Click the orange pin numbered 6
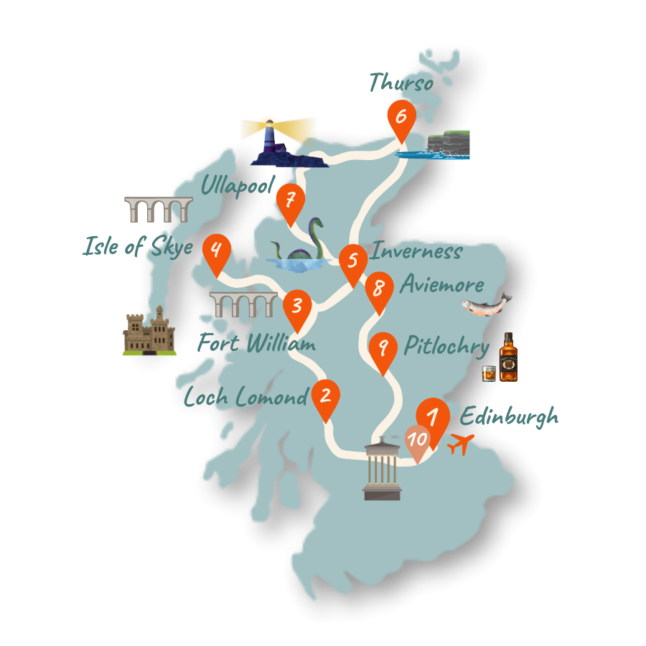tap(401, 118)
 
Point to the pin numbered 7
tap(291, 200)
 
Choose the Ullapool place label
tap(238, 186)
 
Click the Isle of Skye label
tap(138, 248)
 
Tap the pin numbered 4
tap(216, 252)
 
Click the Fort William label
tap(256, 344)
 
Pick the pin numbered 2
tap(326, 397)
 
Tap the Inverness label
tap(416, 252)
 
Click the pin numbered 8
tap(379, 290)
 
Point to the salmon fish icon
tap(486, 304)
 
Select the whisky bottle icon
tap(507, 357)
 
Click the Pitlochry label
tap(446, 347)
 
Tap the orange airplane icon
tap(460, 444)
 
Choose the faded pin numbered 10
tap(417, 439)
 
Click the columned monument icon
tap(382, 469)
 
